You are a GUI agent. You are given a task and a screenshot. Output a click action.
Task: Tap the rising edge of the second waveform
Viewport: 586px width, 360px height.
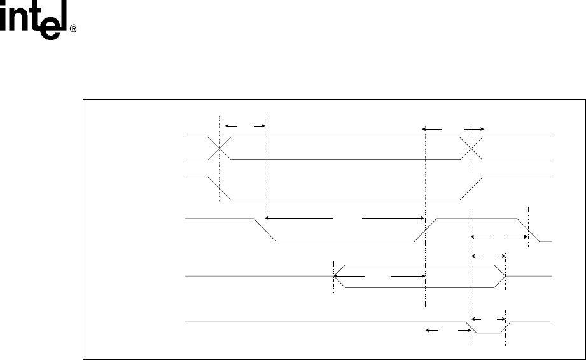(x=470, y=188)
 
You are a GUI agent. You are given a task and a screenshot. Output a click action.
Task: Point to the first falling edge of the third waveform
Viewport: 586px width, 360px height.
(x=266, y=230)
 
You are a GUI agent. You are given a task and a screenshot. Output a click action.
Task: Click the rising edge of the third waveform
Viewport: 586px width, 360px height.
(x=424, y=230)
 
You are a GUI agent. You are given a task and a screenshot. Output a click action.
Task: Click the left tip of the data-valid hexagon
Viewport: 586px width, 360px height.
(x=334, y=276)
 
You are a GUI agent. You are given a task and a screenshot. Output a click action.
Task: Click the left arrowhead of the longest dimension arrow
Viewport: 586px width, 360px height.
(x=267, y=218)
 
